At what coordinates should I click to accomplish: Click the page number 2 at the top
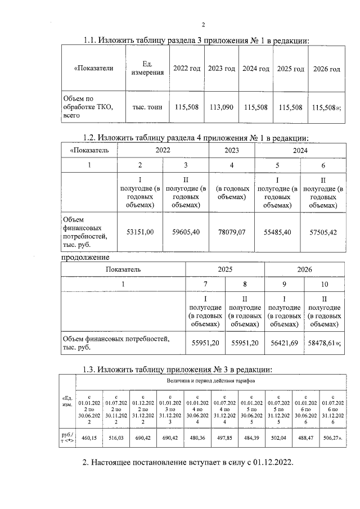click(204, 24)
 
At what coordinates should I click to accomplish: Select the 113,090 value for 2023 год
click(221, 107)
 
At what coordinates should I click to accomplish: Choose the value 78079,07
click(231, 232)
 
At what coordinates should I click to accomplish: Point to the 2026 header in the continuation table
click(304, 270)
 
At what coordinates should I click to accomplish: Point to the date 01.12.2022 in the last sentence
click(266, 463)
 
